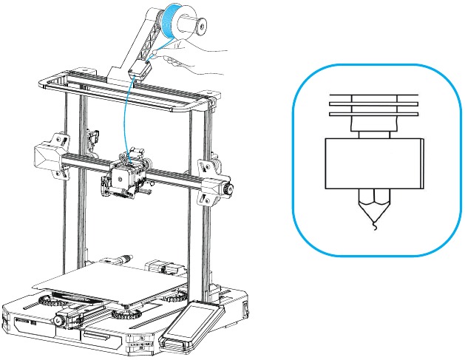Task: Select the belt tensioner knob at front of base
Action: tap(57, 321)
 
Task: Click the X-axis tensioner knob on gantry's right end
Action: tap(223, 189)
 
